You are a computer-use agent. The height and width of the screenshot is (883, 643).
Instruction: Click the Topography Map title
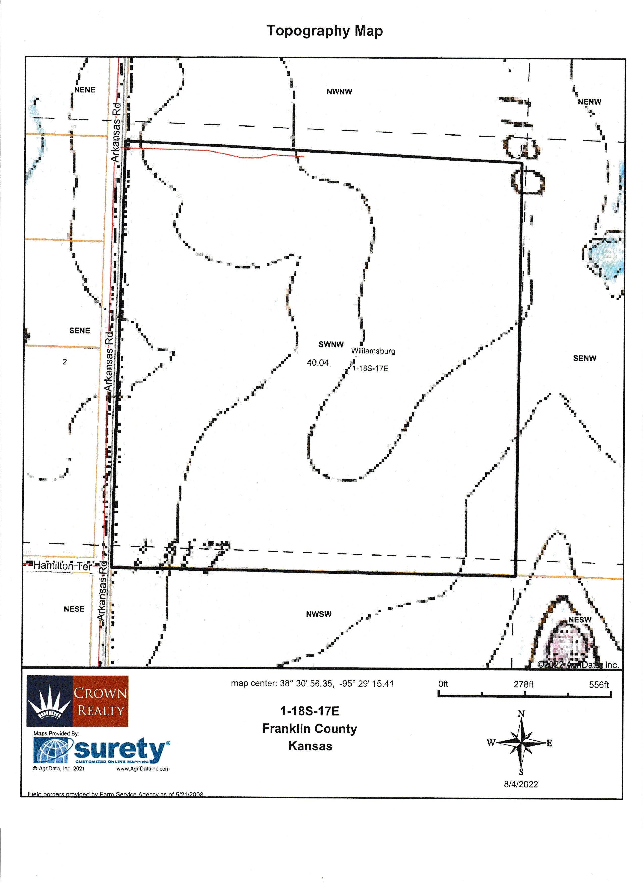point(325,31)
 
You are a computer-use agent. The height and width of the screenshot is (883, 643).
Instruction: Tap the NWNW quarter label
point(339,92)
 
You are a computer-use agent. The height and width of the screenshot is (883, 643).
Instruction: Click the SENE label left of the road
point(79,331)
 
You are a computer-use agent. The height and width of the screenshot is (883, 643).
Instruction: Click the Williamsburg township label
point(373,351)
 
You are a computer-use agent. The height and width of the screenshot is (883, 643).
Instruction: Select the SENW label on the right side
point(584,358)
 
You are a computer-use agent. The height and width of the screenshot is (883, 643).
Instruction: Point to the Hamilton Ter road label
point(62,566)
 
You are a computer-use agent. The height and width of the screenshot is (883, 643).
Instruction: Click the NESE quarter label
point(74,609)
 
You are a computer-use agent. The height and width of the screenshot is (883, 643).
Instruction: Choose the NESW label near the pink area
point(579,619)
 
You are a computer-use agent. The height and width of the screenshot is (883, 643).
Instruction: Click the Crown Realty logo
point(77,701)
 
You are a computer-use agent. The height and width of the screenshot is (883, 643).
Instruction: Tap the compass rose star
point(521,743)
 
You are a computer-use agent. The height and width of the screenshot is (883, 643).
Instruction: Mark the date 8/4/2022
point(521,784)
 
